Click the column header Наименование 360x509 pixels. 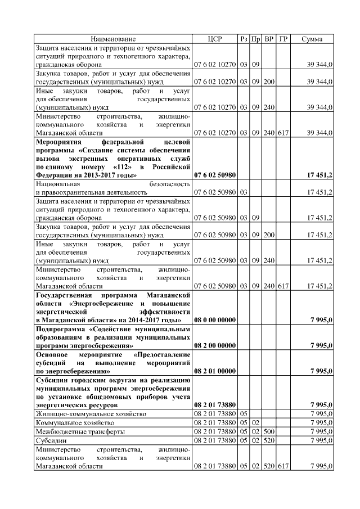pyautogui.click(x=114, y=39)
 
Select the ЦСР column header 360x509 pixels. pyautogui.click(x=215, y=39)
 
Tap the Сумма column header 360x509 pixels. pyautogui.click(x=312, y=39)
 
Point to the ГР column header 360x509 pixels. pyautogui.click(x=283, y=39)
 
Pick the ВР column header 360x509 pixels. pyautogui.click(x=269, y=39)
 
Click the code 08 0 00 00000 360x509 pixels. pyautogui.click(x=215, y=320)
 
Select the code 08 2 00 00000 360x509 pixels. pyautogui.click(x=215, y=345)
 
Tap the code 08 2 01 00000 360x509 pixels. pyautogui.click(x=215, y=371)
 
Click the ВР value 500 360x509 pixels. pyautogui.click(x=269, y=431)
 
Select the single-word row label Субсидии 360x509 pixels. pyautogui.click(x=51, y=440)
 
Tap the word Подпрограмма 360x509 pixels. pyautogui.click(x=61, y=328)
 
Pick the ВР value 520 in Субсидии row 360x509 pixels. pyautogui.click(x=269, y=440)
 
